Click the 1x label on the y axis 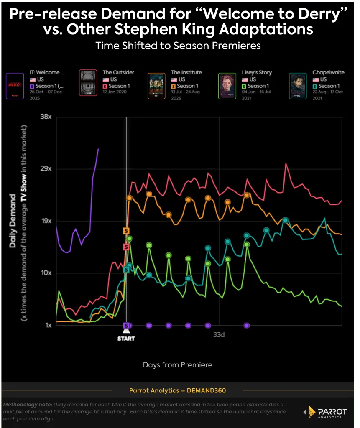tap(48, 325)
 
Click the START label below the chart tap(126, 338)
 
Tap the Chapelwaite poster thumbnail tap(298, 86)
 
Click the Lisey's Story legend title tap(257, 72)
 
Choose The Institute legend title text tap(187, 72)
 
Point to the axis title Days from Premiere tap(178, 365)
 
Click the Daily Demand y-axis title tap(13, 220)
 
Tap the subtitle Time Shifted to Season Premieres tap(178, 46)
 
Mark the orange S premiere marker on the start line tap(126, 231)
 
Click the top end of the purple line tap(98, 149)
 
